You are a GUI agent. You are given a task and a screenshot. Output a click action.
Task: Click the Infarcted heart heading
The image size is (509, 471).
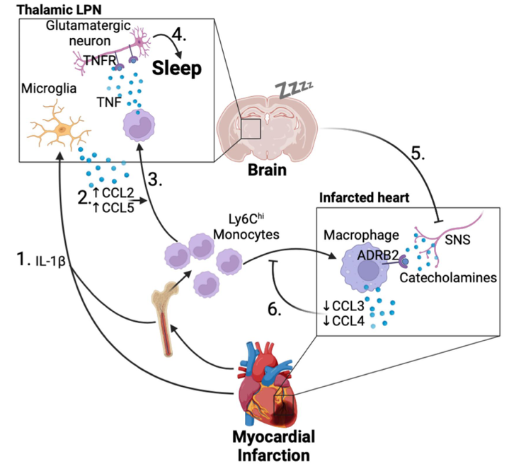(x=360, y=194)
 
